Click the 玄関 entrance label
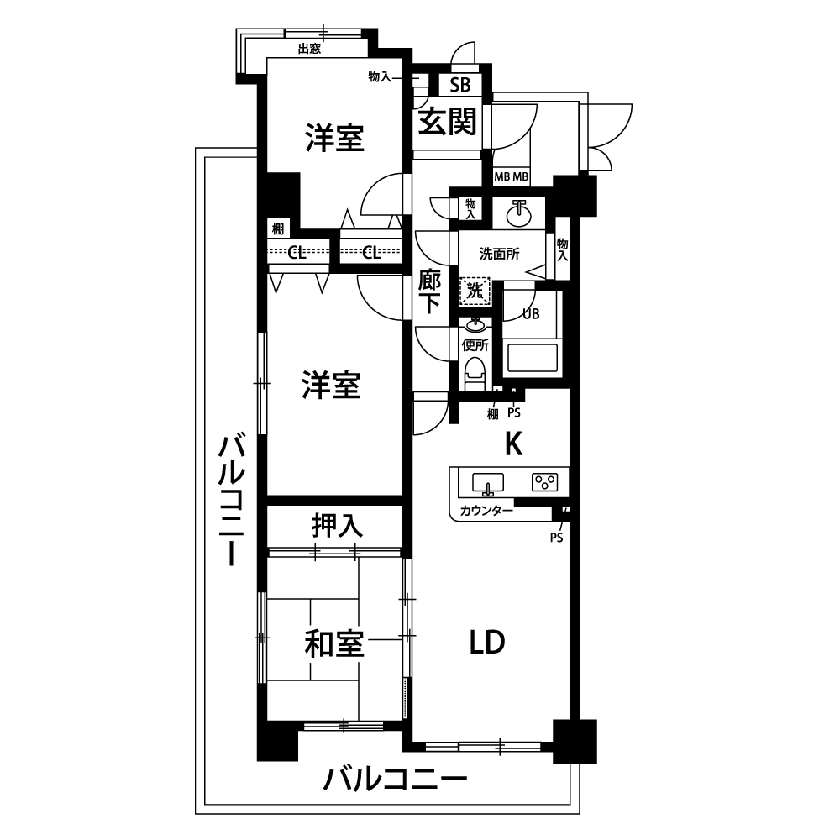click(x=447, y=121)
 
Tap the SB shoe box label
click(x=460, y=85)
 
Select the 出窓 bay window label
click(x=309, y=49)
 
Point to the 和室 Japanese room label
click(x=334, y=644)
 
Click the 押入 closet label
click(x=338, y=525)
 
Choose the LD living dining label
click(x=487, y=643)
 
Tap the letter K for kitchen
click(x=514, y=444)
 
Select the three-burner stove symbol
click(x=545, y=482)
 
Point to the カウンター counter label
click(x=486, y=511)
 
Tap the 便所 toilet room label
click(x=475, y=345)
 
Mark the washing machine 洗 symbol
click(x=475, y=291)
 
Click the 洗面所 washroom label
click(x=499, y=254)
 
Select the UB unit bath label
click(x=531, y=314)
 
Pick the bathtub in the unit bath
click(x=532, y=357)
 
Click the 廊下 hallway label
click(x=429, y=291)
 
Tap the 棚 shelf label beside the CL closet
click(x=277, y=229)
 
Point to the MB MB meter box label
click(x=511, y=176)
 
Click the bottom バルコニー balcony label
click(x=395, y=780)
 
